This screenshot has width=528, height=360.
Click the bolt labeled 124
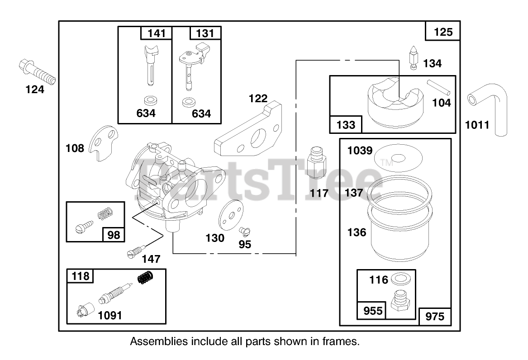(37, 72)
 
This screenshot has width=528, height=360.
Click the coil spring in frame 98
(105, 211)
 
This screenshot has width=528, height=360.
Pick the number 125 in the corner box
(443, 32)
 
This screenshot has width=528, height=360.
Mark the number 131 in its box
(205, 33)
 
